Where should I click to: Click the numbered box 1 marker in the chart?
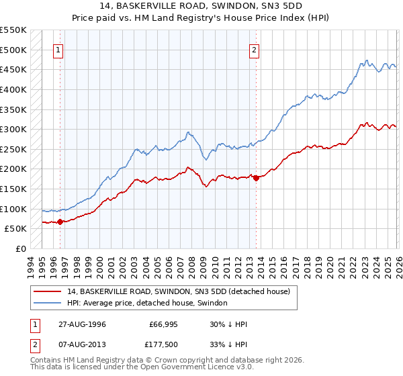tap(58, 49)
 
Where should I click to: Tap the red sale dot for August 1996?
tap(60, 222)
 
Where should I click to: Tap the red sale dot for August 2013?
tap(257, 178)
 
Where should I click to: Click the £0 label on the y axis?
tap(21, 249)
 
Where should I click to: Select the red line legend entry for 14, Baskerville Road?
tap(178, 291)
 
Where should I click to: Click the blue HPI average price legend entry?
tap(147, 303)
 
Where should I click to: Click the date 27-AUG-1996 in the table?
tap(81, 324)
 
